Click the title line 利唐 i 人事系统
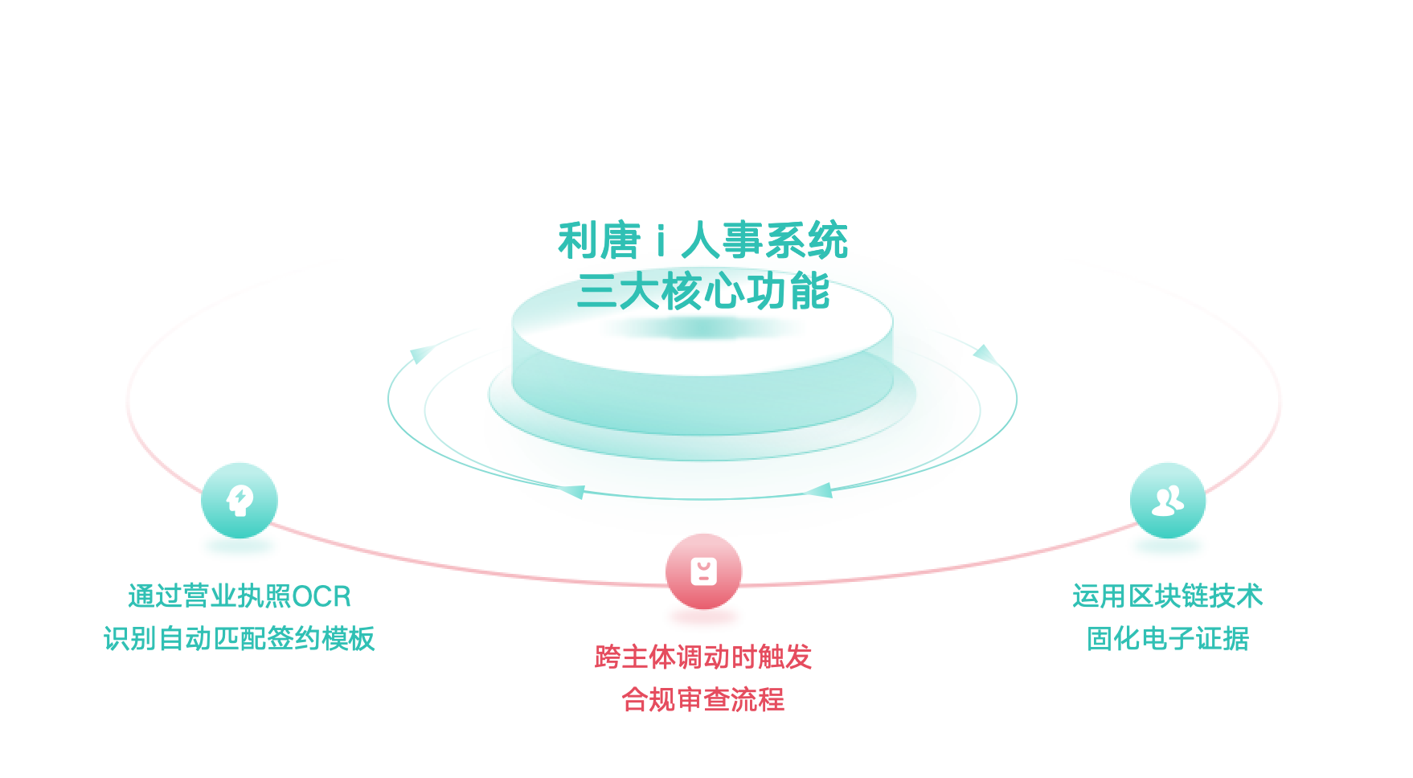point(703,240)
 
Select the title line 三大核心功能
point(703,291)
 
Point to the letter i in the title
point(661,241)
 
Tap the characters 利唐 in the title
point(599,241)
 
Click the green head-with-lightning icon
point(240,500)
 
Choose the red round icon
point(703,571)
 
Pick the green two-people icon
point(1167,500)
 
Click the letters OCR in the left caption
point(322,597)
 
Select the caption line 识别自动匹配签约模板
point(240,639)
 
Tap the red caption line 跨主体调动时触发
point(703,657)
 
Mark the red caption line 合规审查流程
point(703,700)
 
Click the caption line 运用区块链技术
point(1167,596)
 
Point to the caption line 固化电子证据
point(1167,639)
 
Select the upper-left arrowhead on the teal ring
point(420,354)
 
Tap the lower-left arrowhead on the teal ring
point(573,491)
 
